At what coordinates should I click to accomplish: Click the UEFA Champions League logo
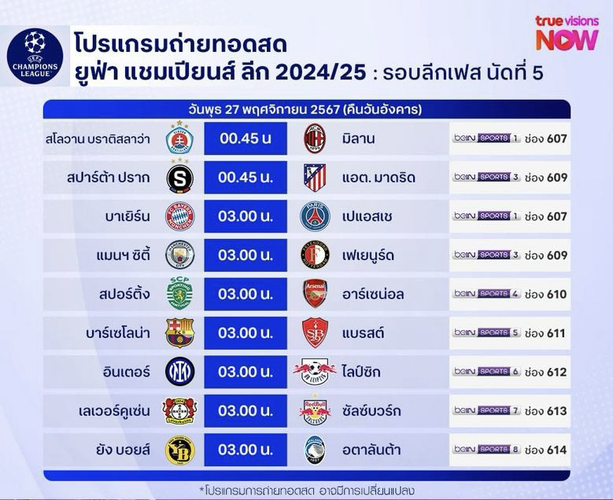(x=35, y=56)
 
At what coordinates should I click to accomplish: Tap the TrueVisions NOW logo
(x=567, y=33)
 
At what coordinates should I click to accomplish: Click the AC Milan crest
(x=315, y=138)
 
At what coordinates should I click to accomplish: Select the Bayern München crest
(x=180, y=216)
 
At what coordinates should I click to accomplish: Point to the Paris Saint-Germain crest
(x=315, y=216)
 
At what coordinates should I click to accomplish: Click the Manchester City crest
(x=180, y=255)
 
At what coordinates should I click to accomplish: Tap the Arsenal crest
(x=315, y=294)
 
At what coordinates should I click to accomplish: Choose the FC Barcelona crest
(x=180, y=333)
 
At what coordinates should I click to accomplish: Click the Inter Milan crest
(x=180, y=372)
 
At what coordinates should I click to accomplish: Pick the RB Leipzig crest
(x=315, y=372)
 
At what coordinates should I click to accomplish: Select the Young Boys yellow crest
(x=180, y=450)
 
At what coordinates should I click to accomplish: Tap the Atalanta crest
(x=315, y=450)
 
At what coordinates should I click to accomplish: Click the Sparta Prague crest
(x=180, y=178)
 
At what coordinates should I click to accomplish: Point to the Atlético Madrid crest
(x=315, y=178)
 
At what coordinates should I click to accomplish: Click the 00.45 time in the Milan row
(x=246, y=138)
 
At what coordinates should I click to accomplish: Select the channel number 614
(x=556, y=450)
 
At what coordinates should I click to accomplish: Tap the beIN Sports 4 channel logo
(x=486, y=293)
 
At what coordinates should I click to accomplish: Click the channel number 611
(x=556, y=333)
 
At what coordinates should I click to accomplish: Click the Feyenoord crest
(x=315, y=255)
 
